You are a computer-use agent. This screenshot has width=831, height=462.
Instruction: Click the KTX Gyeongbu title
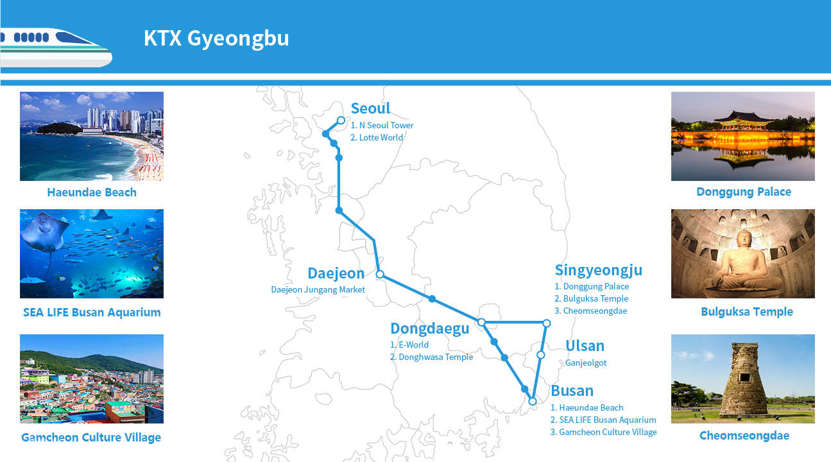point(216,38)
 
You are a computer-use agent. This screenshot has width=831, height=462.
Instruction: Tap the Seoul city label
point(370,108)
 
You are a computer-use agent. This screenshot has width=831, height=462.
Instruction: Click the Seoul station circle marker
point(341,120)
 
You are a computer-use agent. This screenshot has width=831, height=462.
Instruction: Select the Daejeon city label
point(336,273)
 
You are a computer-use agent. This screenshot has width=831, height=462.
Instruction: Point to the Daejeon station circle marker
point(379,275)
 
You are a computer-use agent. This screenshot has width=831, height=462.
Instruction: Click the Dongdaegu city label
point(429,329)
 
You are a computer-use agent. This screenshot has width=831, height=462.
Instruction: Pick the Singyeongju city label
point(598,270)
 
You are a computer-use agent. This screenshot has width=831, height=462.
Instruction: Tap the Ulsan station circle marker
point(540,355)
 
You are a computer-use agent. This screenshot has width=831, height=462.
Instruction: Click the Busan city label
point(572,391)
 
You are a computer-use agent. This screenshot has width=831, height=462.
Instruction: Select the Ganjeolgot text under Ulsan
point(585,363)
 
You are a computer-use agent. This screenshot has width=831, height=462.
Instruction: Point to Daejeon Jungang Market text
point(318,289)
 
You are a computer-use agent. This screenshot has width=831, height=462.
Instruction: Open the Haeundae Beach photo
point(92,136)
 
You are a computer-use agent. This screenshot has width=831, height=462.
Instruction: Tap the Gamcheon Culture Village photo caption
point(91,438)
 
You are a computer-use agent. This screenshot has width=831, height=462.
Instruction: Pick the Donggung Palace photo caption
point(743,192)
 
